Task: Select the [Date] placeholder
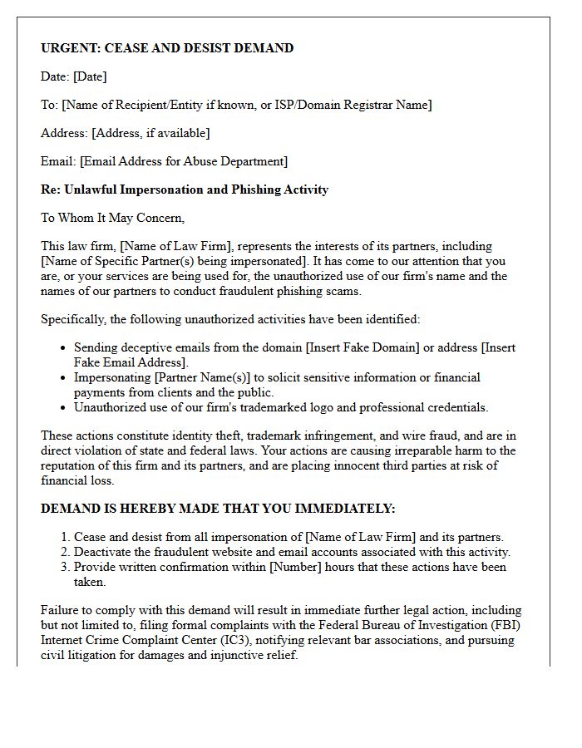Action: [x=90, y=76]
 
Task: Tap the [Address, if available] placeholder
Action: [x=150, y=133]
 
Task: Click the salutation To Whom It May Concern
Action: [x=112, y=218]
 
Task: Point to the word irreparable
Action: [x=388, y=450]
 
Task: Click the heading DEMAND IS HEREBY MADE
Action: [x=129, y=509]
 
